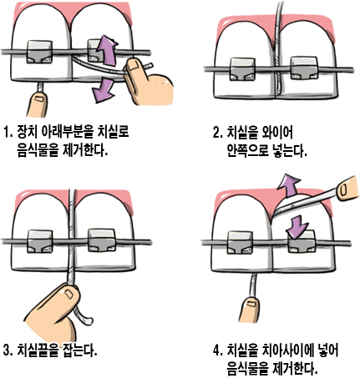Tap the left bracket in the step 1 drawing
[39, 53]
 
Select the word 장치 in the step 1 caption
[27, 132]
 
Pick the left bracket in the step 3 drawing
[38, 240]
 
